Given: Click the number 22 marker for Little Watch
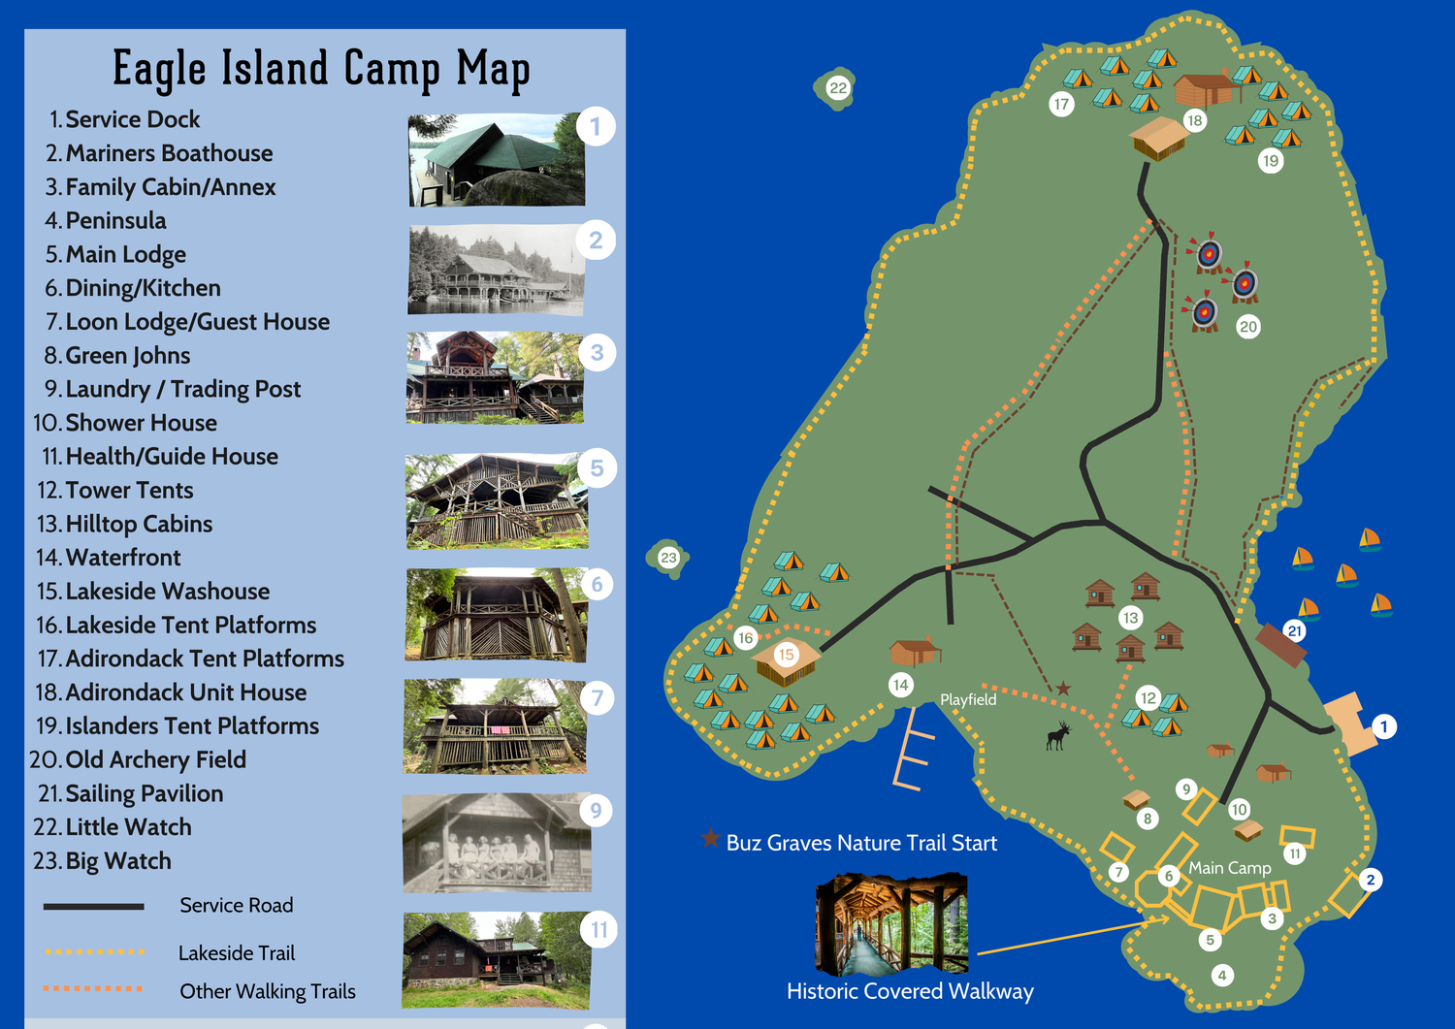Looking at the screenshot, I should click(838, 88).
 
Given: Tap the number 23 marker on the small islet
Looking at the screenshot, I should click(668, 558).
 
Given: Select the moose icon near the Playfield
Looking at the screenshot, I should click(1058, 735).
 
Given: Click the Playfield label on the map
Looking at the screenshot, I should click(968, 699).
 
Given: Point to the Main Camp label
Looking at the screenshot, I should click(1230, 868).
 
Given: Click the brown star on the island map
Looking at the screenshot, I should click(1063, 689).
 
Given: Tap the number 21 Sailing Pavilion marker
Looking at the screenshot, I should click(1294, 631).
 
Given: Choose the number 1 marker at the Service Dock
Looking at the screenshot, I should click(1384, 726).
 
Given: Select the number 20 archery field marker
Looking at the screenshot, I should click(1248, 327).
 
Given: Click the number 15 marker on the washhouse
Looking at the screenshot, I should click(786, 655).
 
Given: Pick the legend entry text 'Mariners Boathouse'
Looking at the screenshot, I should click(169, 153).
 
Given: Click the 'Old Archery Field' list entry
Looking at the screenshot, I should click(155, 759).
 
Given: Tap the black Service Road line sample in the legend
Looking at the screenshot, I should click(93, 907).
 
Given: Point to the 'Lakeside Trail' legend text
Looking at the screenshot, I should click(237, 953).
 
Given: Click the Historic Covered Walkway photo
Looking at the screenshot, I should click(892, 923).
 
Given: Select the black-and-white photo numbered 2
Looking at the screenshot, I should click(497, 270).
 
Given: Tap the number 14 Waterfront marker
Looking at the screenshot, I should click(901, 686).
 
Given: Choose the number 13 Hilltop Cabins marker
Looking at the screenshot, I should click(1130, 618).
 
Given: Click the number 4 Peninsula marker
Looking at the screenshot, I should click(1222, 976).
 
